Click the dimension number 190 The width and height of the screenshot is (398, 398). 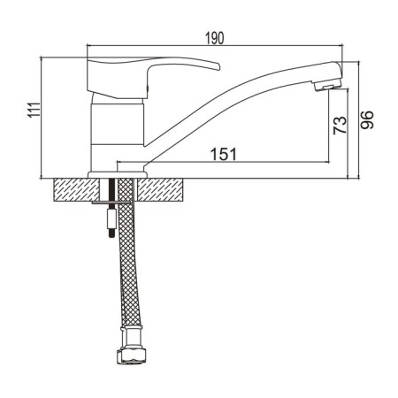215,38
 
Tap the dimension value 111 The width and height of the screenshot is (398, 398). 34,111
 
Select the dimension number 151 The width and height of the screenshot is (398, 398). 224,154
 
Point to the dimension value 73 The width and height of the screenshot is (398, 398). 340,126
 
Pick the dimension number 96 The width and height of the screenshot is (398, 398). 367,119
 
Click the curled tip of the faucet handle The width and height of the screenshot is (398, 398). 218,66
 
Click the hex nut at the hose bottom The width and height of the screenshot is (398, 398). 132,356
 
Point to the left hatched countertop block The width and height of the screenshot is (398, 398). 76,189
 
